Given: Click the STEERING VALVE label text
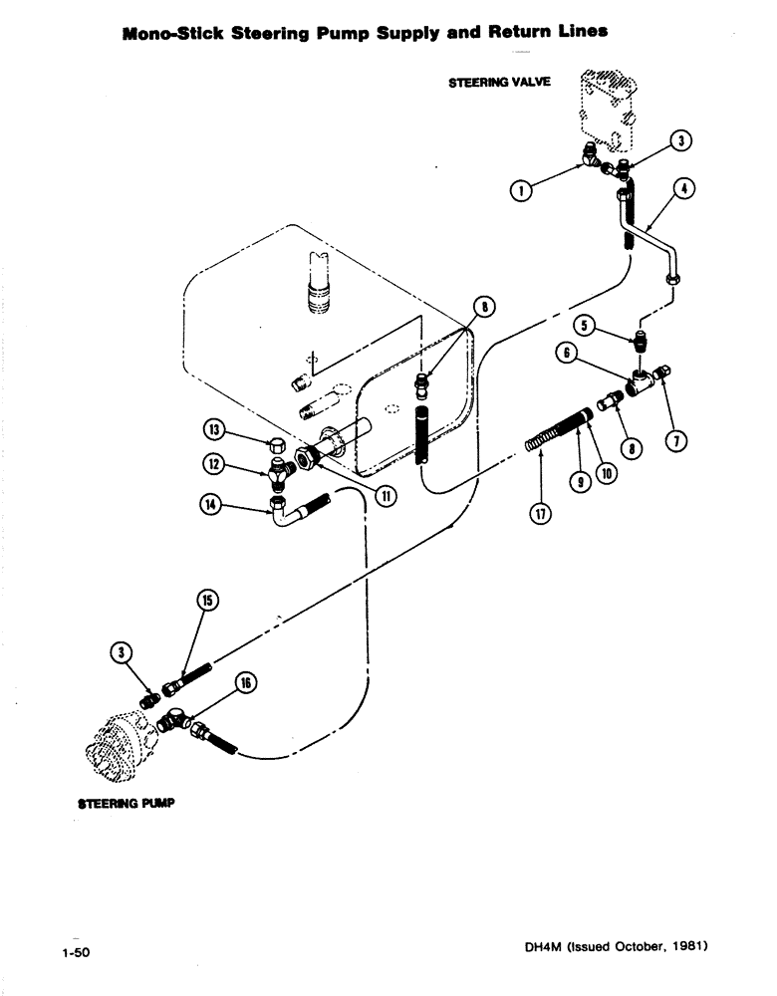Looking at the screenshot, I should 499,83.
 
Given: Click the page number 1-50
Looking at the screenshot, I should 75,953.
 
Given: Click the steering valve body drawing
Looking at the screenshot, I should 605,107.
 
